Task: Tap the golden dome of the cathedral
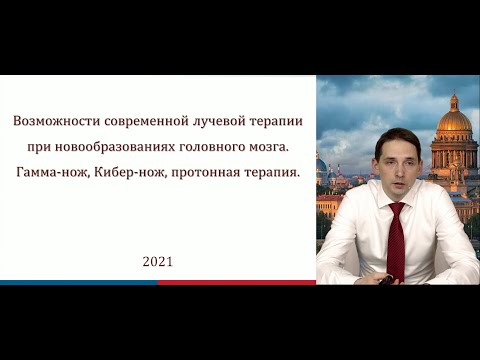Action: click(x=453, y=120)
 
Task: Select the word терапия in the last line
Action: click(x=269, y=173)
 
